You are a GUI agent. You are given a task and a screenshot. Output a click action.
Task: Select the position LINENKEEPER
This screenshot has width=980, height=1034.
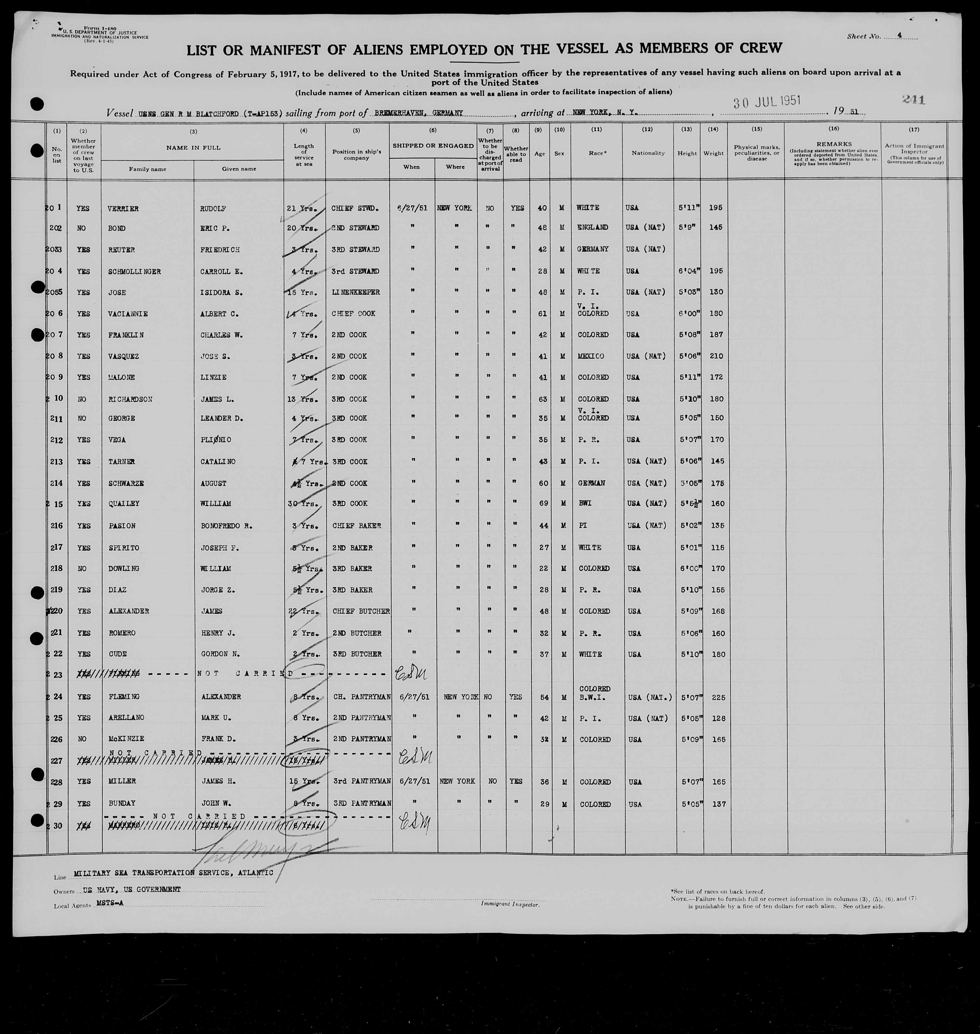[x=355, y=292]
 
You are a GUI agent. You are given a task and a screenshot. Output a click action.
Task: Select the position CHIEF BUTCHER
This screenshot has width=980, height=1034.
[x=361, y=611]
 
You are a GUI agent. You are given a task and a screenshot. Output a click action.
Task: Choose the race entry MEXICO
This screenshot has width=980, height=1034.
[x=590, y=356]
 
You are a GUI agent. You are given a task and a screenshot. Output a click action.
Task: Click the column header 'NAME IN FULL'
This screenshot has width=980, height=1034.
[x=193, y=148]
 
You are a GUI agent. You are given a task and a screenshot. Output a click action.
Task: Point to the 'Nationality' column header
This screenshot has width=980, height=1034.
[x=648, y=153]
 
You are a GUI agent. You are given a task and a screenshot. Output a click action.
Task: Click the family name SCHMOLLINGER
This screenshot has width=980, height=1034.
[x=135, y=272]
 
